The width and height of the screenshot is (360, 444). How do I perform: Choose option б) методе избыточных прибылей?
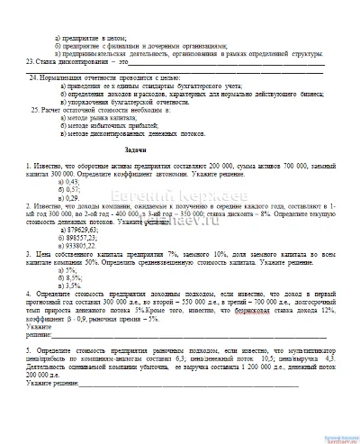tap(104, 125)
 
